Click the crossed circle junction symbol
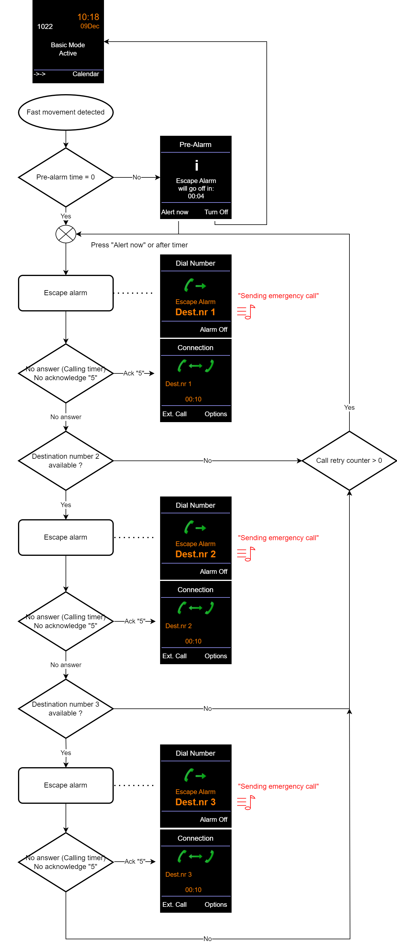click(x=66, y=234)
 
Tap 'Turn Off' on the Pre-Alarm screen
click(x=216, y=212)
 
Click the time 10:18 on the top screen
click(x=88, y=17)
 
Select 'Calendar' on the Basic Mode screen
click(x=85, y=74)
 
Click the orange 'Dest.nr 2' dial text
click(x=195, y=554)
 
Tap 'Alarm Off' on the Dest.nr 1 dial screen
click(x=213, y=329)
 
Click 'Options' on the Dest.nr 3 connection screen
click(x=216, y=904)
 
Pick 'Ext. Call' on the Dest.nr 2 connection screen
click(x=175, y=656)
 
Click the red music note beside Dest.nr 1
click(x=246, y=312)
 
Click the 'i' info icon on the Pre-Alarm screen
click(x=196, y=165)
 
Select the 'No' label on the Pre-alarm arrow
click(x=136, y=177)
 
